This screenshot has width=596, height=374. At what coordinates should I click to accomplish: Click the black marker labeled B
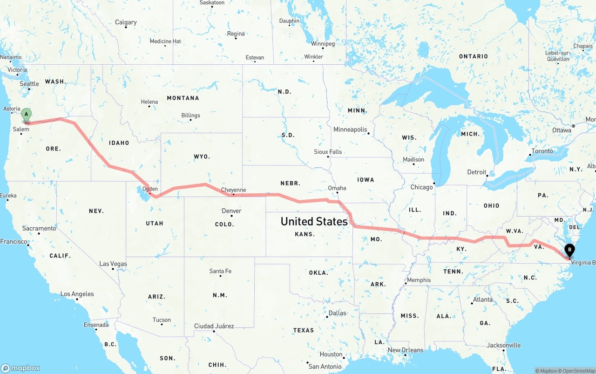569,251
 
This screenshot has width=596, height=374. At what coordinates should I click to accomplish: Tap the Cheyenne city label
233,190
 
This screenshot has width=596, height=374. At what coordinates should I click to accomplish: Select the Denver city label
231,211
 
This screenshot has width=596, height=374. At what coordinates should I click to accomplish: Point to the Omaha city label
337,188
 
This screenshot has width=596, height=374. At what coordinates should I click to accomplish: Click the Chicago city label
421,187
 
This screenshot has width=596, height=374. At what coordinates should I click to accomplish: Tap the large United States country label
314,222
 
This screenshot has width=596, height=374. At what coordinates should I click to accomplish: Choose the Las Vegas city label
113,264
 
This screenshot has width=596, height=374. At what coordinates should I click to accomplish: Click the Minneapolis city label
350,129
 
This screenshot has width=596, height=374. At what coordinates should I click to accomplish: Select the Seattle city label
29,84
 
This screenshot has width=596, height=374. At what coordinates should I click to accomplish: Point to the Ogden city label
150,189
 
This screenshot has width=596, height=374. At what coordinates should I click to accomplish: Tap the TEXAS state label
304,330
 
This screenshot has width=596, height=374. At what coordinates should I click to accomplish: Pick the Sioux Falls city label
328,152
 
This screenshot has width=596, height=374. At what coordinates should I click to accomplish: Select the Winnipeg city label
323,44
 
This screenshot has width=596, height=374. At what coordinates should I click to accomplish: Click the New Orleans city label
406,350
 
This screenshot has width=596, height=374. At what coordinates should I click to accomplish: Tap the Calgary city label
126,22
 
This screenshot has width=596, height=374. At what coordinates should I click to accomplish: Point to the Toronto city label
542,151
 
